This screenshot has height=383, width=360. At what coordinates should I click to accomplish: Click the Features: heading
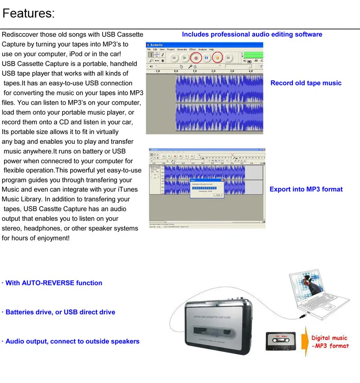[x=28, y=13]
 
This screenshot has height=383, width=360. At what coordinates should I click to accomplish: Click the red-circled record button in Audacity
[x=196, y=58]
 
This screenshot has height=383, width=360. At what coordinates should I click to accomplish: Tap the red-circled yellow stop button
[x=217, y=58]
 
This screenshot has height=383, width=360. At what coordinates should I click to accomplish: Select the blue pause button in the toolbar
[x=207, y=58]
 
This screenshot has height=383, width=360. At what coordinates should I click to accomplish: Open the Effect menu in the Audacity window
[x=193, y=49]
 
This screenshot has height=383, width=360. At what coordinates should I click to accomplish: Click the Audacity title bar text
[x=157, y=45]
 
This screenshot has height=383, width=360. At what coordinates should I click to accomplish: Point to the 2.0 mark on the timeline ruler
[x=213, y=71]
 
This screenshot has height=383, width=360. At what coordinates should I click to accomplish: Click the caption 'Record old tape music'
[x=306, y=83]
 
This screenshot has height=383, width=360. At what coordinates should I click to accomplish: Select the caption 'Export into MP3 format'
[x=306, y=189]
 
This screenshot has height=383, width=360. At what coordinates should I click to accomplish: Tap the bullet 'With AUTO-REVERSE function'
[x=54, y=283]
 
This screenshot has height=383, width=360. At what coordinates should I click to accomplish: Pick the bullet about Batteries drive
[x=60, y=312]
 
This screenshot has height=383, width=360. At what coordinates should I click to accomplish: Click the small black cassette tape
[x=280, y=340]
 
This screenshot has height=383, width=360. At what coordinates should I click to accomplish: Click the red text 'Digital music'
[x=329, y=338]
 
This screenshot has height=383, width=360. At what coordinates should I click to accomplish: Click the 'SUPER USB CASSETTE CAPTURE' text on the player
[x=212, y=317]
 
